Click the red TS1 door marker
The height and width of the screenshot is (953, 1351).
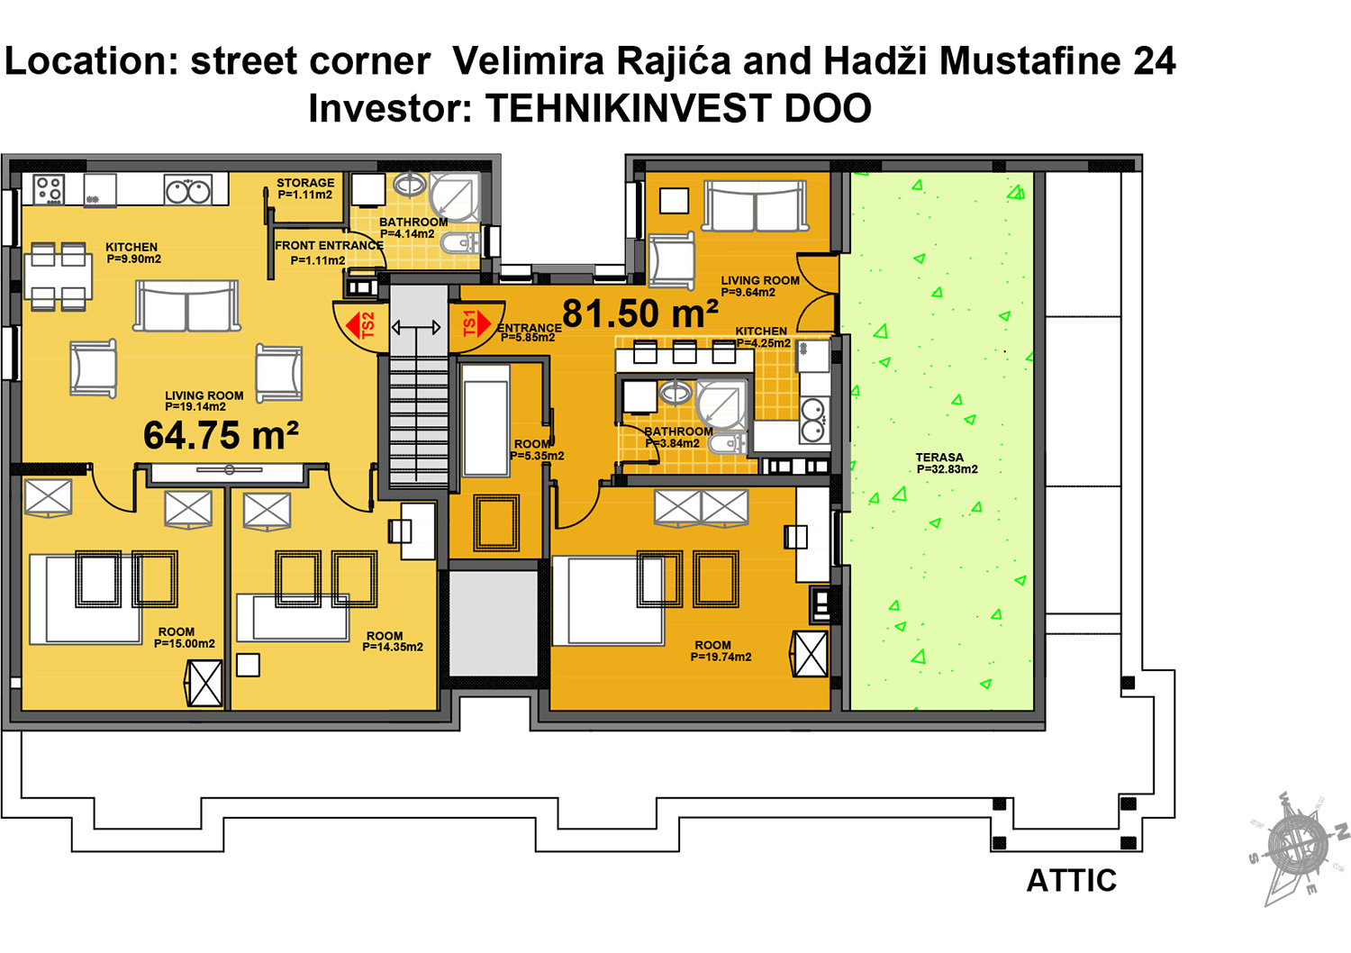click(x=476, y=323)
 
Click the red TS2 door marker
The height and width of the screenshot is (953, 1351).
click(x=362, y=325)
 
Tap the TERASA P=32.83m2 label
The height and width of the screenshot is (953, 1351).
click(x=946, y=463)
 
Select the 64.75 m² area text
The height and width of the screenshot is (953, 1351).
click(x=221, y=436)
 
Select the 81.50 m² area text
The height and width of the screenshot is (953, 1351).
click(x=639, y=314)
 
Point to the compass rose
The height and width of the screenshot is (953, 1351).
click(x=1298, y=847)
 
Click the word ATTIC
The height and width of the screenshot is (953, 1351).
click(x=1071, y=880)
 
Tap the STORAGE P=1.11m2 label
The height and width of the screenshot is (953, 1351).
click(x=305, y=188)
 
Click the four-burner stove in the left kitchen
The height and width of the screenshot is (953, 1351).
click(x=49, y=189)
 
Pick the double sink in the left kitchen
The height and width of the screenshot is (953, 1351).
click(x=187, y=190)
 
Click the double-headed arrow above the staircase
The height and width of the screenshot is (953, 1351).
click(x=416, y=328)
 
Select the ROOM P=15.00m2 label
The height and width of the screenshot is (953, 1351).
click(x=183, y=638)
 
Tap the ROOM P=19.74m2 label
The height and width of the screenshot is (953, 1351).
click(x=720, y=651)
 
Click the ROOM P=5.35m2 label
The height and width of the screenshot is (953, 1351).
click(x=536, y=449)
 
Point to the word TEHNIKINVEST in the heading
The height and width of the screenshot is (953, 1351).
click(x=629, y=109)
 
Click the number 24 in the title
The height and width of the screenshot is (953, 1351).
click(x=1154, y=61)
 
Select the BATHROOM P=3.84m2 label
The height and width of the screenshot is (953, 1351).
click(x=678, y=437)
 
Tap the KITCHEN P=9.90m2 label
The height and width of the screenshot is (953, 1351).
click(x=132, y=253)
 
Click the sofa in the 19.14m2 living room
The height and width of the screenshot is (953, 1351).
click(x=187, y=305)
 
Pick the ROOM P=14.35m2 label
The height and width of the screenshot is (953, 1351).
click(x=392, y=641)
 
